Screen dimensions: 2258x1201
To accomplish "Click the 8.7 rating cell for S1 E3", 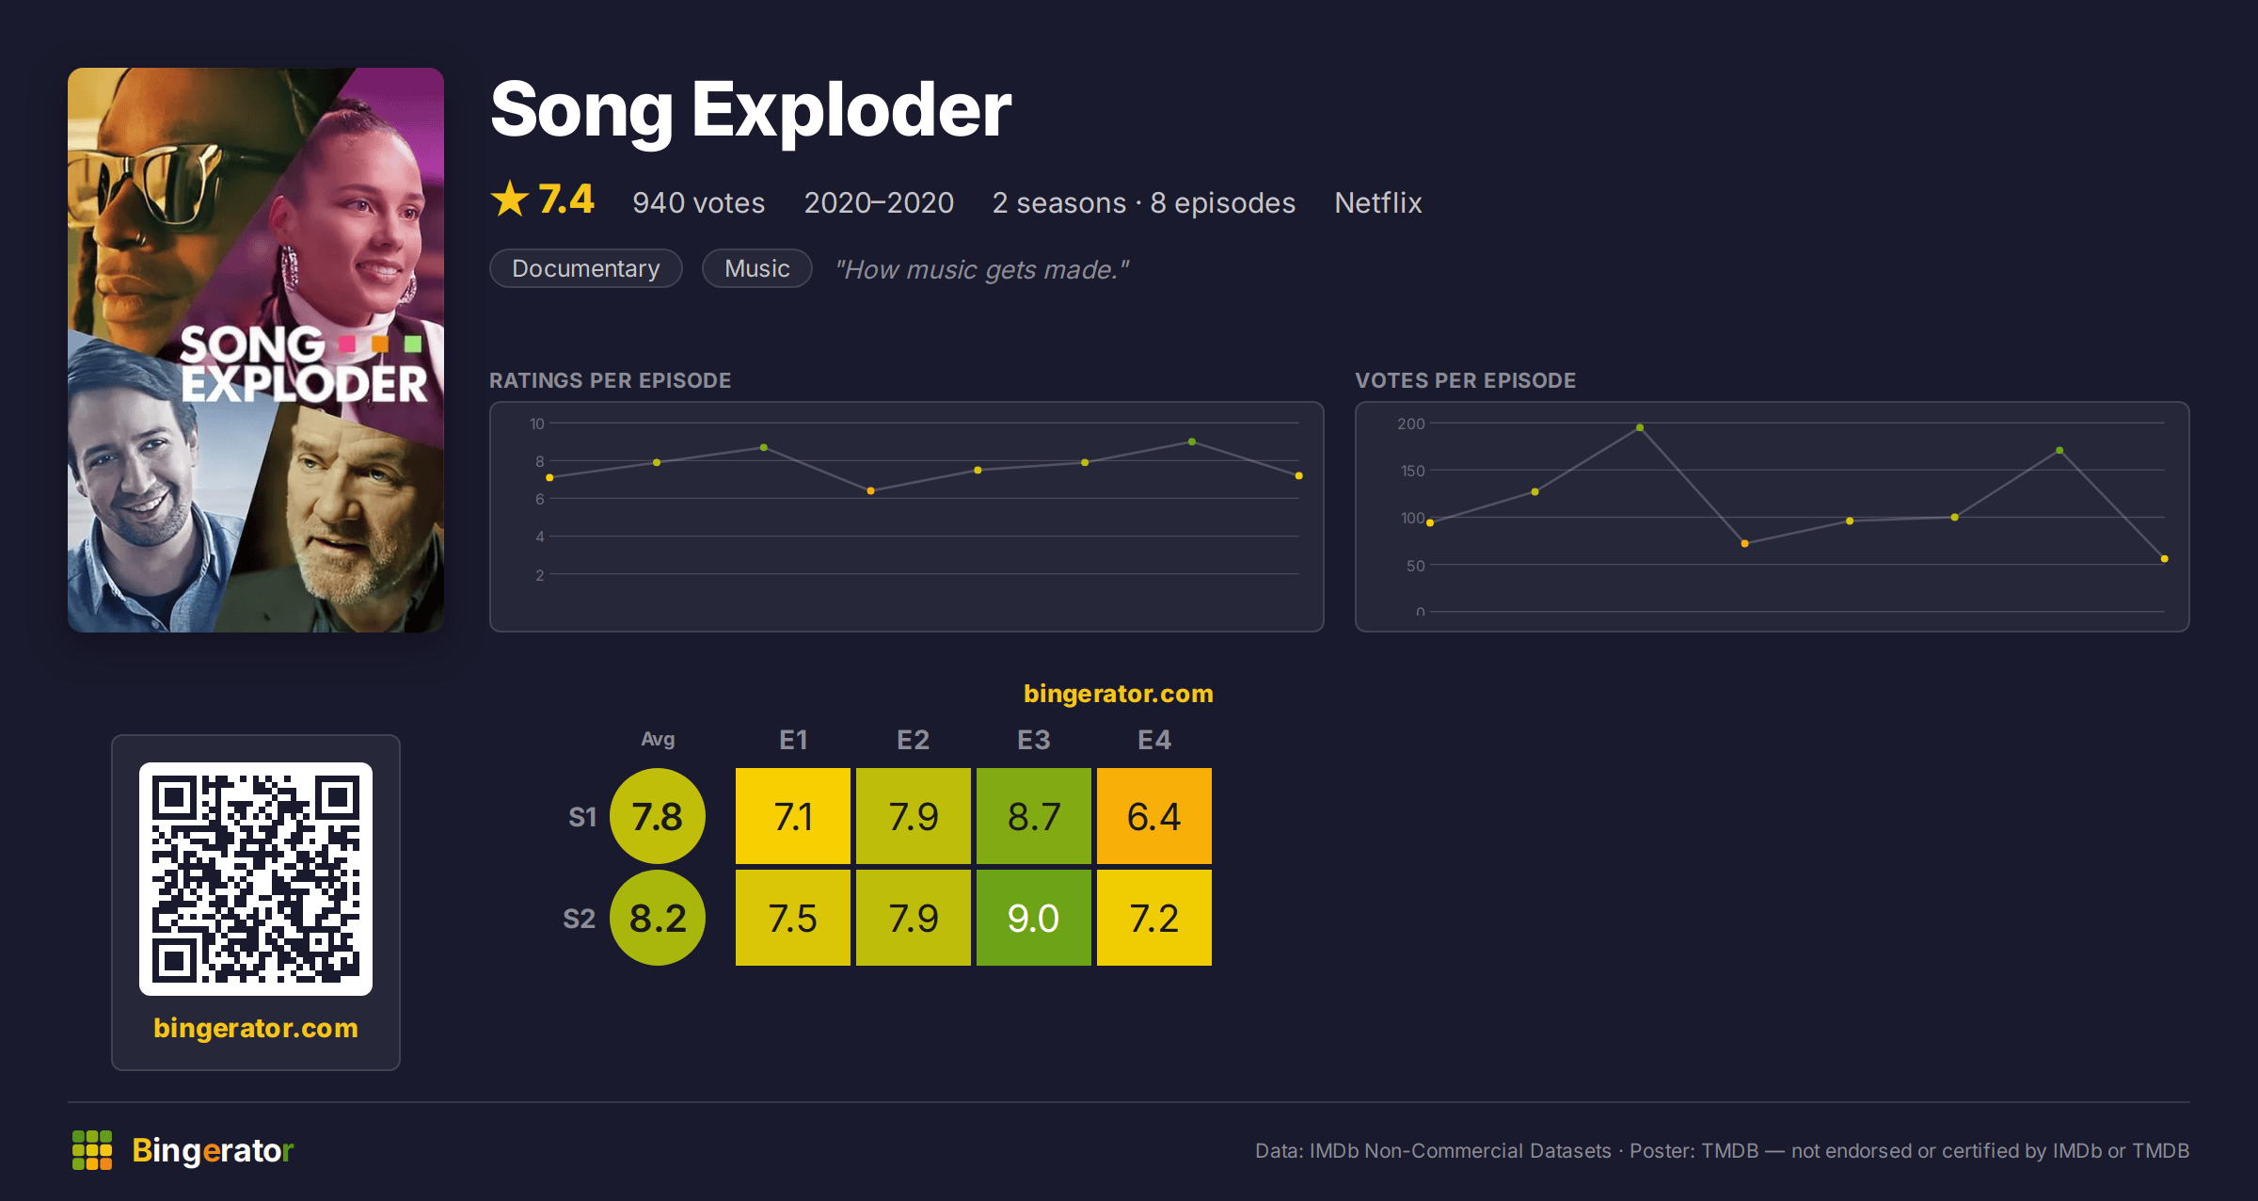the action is click(1033, 816).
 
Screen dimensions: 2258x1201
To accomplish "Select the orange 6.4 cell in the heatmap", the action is click(1153, 816).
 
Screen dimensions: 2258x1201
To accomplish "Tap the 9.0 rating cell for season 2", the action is click(1033, 918).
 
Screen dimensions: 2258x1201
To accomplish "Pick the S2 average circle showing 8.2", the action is click(658, 918).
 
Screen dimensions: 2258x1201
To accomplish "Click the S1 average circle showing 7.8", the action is click(658, 816).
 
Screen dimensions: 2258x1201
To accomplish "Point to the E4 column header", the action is click(1153, 740).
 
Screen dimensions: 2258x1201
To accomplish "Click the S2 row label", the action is click(580, 919).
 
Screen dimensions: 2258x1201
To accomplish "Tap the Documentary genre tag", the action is click(586, 268).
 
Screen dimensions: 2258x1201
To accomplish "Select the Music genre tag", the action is click(757, 268).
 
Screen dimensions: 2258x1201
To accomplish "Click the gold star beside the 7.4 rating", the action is click(510, 199).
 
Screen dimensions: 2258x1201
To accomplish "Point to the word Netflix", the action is click(1377, 202).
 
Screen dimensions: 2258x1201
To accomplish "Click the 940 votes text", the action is click(699, 202).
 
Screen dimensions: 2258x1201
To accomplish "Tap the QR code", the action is click(256, 879).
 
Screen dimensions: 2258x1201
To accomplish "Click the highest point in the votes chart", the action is click(1640, 427).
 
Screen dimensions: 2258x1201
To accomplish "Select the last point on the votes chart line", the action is click(2165, 559).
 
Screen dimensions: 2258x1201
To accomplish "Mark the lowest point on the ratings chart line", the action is click(871, 490).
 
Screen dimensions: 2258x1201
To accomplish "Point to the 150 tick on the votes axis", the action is click(1412, 471).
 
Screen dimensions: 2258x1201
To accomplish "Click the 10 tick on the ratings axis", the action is click(537, 424).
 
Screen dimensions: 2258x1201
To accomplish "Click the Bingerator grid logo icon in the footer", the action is click(92, 1150).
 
